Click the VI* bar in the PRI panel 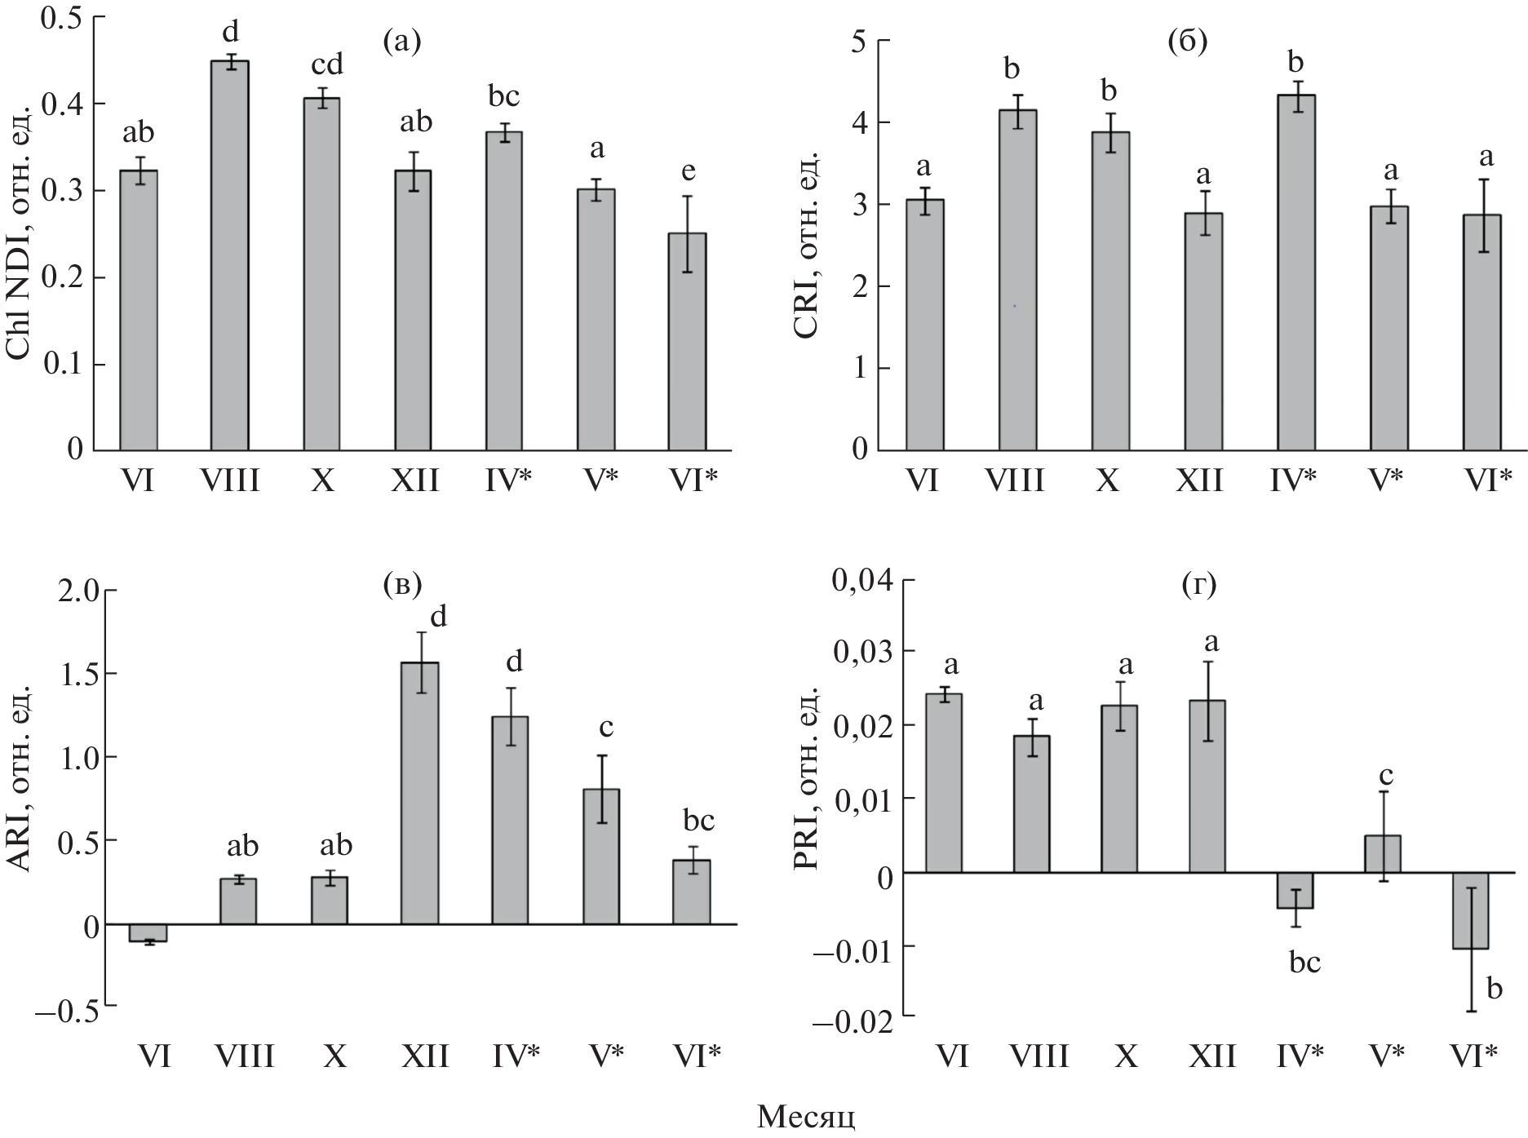pyautogui.click(x=1471, y=910)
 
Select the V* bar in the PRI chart pyautogui.click(x=1383, y=853)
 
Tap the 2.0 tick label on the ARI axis pyautogui.click(x=77, y=591)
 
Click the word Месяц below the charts pyautogui.click(x=806, y=1116)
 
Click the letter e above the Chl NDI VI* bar pyautogui.click(x=688, y=171)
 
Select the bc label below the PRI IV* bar pyautogui.click(x=1304, y=963)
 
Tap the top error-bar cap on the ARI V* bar pyautogui.click(x=601, y=755)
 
